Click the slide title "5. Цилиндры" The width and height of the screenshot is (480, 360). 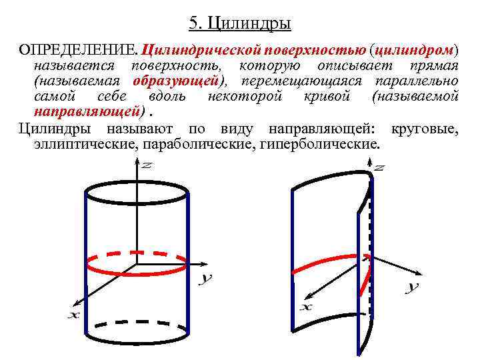(x=240, y=25)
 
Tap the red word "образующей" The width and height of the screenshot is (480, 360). (x=176, y=81)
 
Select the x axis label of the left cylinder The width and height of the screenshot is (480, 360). (x=73, y=314)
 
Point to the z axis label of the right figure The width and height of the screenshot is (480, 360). (x=379, y=169)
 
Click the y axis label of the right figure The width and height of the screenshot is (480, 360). (x=413, y=287)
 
